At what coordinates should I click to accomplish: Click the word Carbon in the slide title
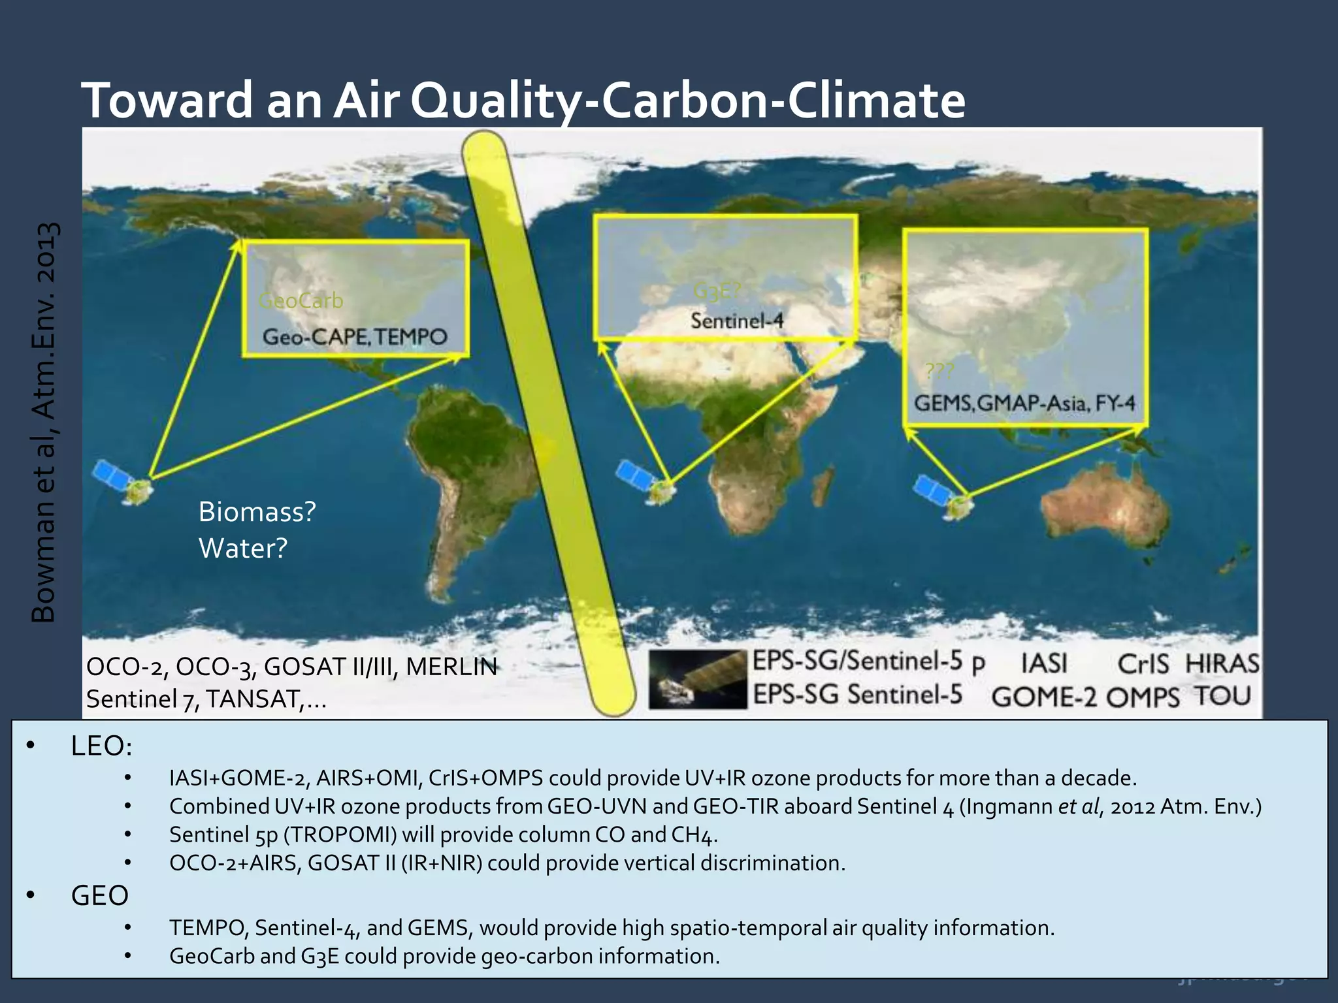[x=683, y=101]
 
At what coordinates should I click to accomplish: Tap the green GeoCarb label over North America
[x=301, y=301]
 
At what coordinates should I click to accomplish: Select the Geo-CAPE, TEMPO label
[x=355, y=337]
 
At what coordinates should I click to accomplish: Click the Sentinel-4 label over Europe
[x=737, y=321]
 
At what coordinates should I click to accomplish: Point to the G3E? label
[x=715, y=291]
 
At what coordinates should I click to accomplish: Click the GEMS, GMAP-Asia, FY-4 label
[x=1024, y=403]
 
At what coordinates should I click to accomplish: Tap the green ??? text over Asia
[x=939, y=372]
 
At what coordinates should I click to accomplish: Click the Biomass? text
[x=257, y=512]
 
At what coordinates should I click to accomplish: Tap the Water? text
[x=242, y=549]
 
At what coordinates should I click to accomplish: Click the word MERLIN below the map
[x=451, y=667]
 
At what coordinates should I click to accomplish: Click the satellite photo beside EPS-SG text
[x=697, y=679]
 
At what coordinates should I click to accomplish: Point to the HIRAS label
[x=1221, y=664]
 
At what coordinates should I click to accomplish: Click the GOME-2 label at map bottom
[x=1043, y=697]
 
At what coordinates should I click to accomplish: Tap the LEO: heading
[x=101, y=746]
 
